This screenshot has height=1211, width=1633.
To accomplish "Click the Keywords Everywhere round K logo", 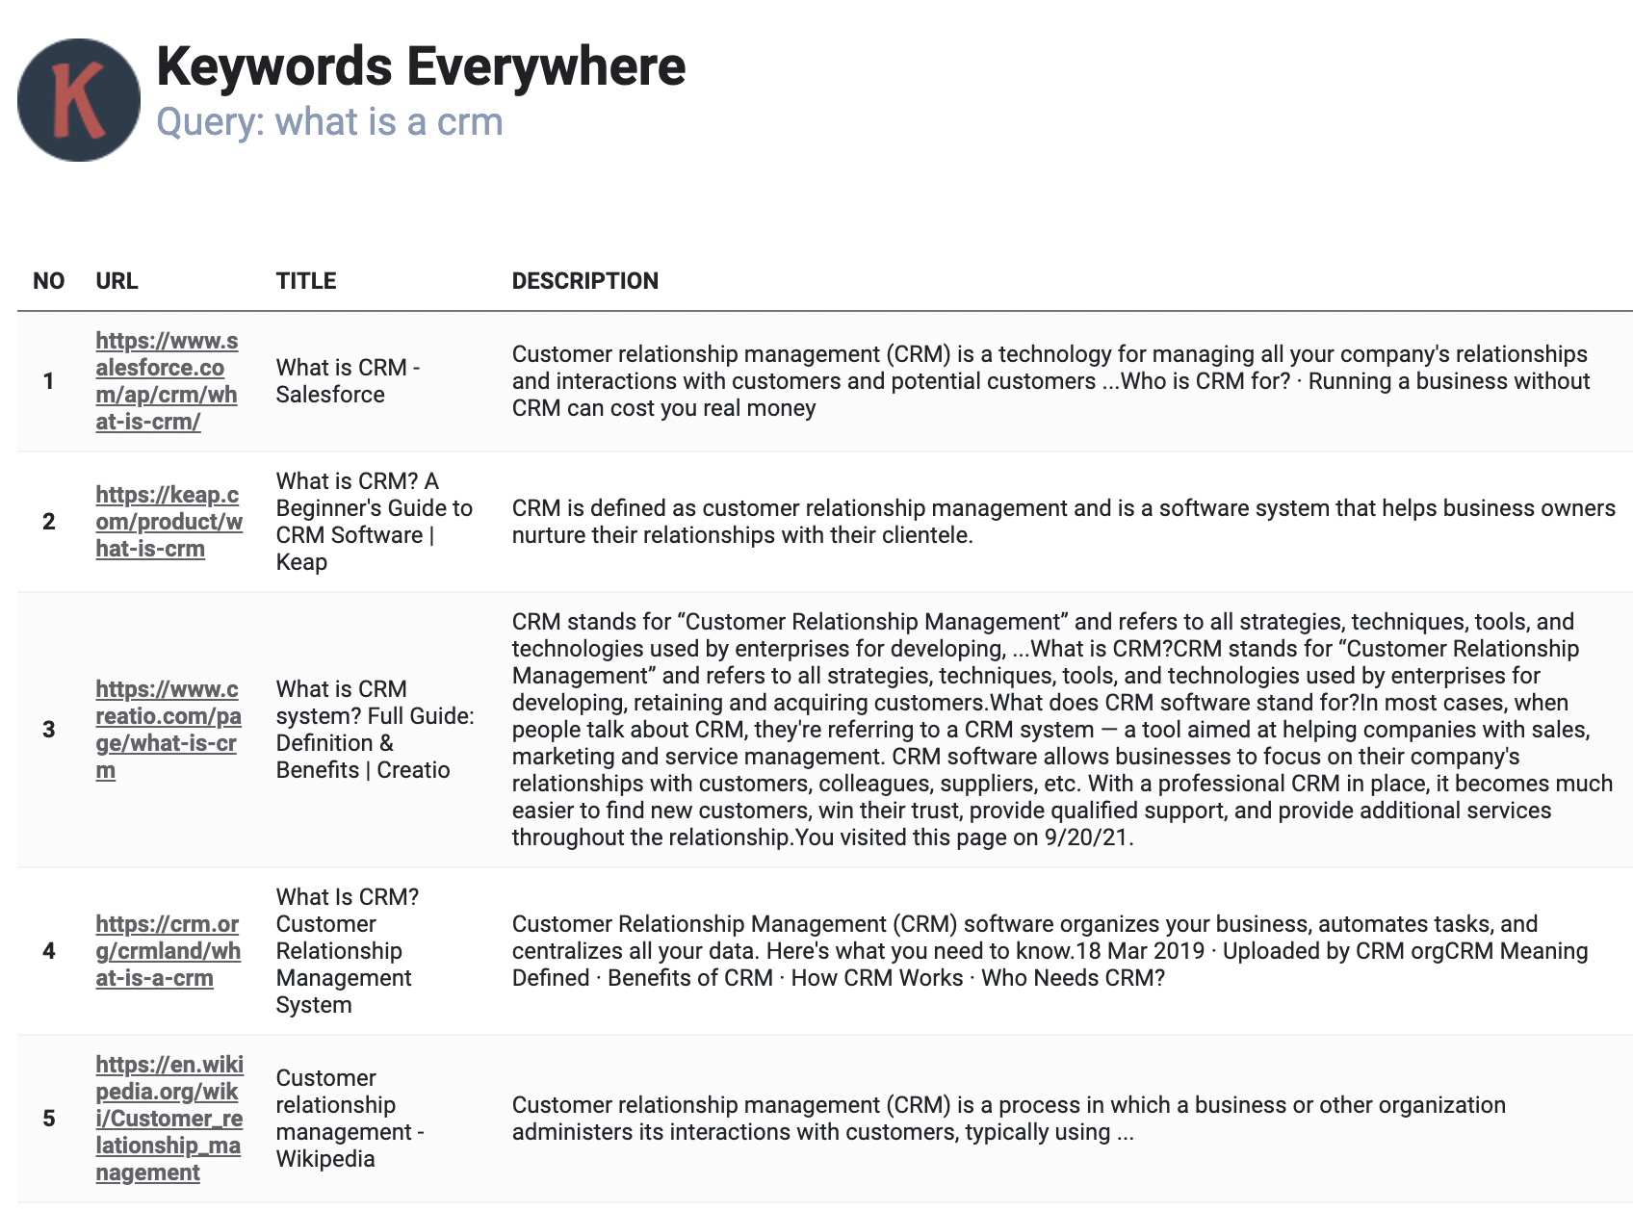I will [79, 100].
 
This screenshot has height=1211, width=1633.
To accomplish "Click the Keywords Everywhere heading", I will [421, 66].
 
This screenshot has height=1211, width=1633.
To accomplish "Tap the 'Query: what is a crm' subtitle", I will [329, 122].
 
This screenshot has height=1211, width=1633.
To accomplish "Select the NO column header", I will [48, 281].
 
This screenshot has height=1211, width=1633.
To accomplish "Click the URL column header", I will [117, 281].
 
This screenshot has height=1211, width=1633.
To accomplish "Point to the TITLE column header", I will [306, 281].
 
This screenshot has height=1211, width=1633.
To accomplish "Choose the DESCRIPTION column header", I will [584, 281].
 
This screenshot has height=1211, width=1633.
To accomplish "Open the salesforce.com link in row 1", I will [167, 381].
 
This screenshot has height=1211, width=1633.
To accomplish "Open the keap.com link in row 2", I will [168, 522].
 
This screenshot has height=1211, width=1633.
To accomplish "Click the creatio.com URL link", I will [168, 730].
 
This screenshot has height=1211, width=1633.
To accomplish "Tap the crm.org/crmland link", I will [168, 951].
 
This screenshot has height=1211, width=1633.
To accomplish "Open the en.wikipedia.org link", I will [168, 1119].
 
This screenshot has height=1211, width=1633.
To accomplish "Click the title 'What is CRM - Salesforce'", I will [348, 381].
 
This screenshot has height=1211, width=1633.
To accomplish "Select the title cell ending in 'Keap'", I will [374, 522].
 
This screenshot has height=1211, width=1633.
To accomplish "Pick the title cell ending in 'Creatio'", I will [375, 730].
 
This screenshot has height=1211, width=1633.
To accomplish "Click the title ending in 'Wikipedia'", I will [350, 1119].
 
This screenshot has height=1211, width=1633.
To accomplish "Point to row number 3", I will [49, 730].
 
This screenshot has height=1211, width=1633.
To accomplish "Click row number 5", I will [49, 1119].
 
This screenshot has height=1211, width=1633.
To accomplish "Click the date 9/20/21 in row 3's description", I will [1086, 837].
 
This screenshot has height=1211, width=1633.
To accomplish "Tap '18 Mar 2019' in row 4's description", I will [1140, 951].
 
